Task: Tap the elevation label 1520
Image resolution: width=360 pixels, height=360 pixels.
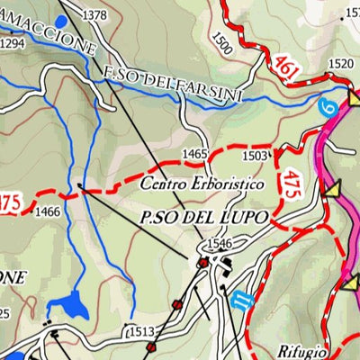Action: click(341, 64)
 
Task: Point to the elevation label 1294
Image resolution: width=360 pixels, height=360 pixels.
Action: click(13, 43)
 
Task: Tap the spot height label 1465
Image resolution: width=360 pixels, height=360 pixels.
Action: click(195, 155)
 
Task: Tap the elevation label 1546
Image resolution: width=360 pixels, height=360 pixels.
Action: click(219, 243)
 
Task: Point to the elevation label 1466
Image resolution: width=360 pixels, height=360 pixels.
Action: click(49, 211)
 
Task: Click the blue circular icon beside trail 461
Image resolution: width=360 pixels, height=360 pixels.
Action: click(325, 106)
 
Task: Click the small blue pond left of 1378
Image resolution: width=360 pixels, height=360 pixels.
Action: click(61, 20)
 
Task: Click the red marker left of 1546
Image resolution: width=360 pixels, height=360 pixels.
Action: click(203, 262)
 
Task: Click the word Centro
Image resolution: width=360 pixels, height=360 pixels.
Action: click(163, 184)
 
